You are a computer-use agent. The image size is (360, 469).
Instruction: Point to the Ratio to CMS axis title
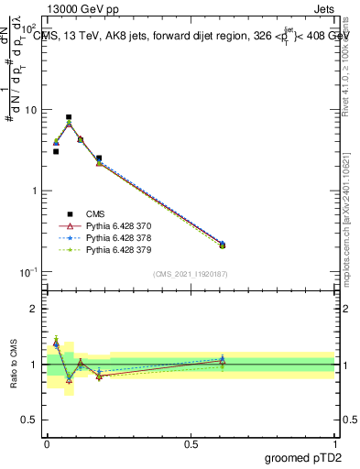(14, 365)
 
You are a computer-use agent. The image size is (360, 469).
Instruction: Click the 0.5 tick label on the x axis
(191, 442)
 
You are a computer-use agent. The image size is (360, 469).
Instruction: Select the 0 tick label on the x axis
(47, 442)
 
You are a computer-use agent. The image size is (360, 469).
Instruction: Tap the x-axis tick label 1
(335, 442)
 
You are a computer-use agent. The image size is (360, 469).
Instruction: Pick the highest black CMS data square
(69, 117)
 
